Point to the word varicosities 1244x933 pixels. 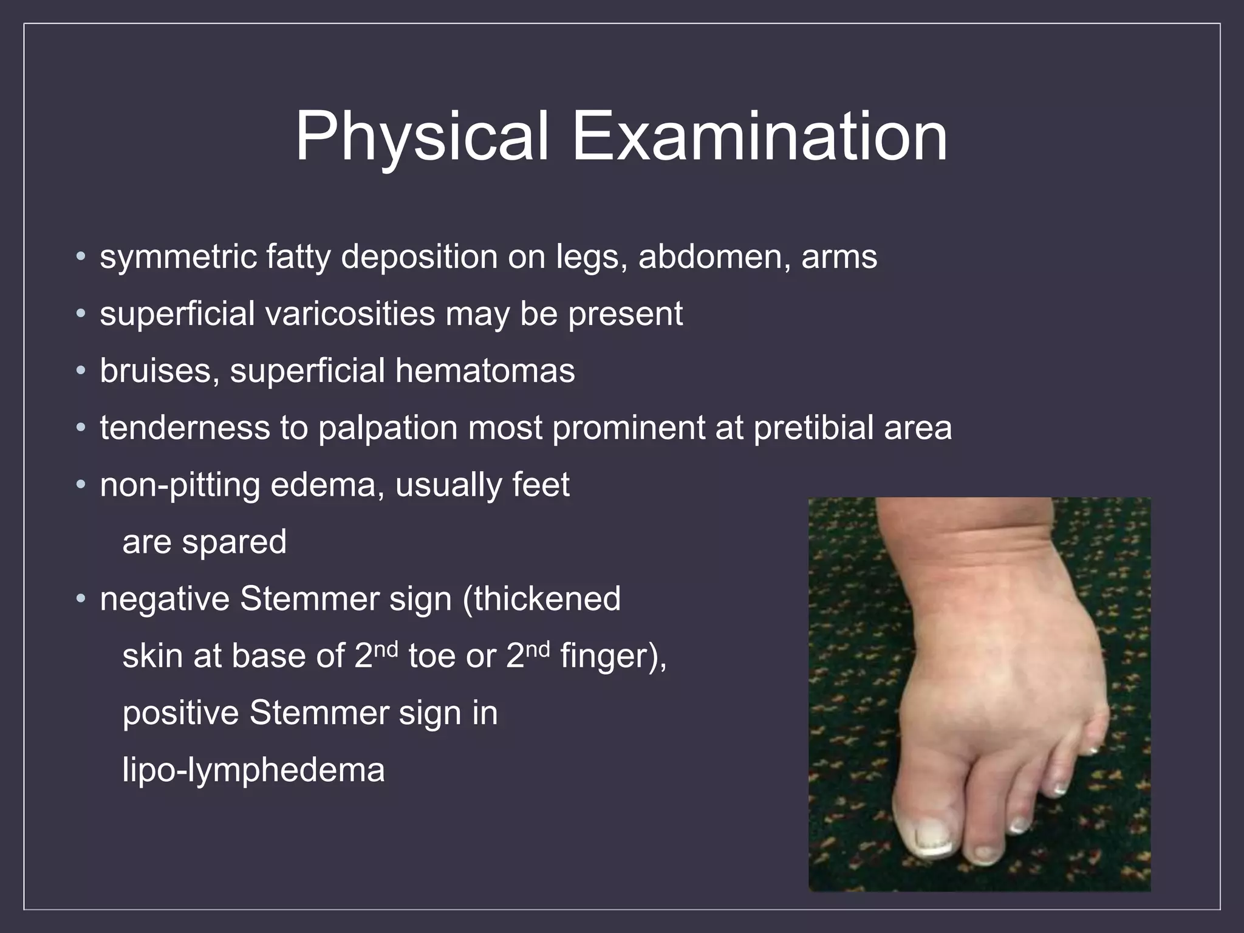tap(349, 314)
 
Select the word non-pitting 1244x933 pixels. tap(179, 485)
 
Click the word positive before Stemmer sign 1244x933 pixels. tap(180, 713)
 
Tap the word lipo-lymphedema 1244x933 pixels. tap(253, 770)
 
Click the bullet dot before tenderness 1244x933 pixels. tap(81, 428)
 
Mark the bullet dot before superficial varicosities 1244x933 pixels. tap(81, 315)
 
